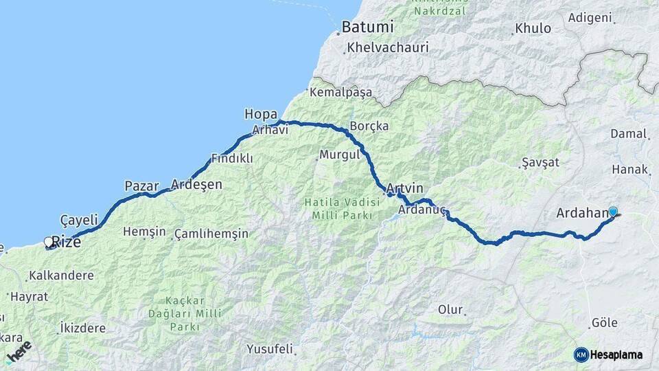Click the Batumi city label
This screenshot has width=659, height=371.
coord(368,27)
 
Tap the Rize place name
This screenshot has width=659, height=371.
coord(66,243)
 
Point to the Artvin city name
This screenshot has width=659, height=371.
coord(405,188)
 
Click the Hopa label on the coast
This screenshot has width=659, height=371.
coord(261,114)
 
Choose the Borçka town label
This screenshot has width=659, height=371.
coord(369,126)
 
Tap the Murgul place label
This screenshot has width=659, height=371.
coord(340,155)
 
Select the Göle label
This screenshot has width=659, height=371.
coord(604,323)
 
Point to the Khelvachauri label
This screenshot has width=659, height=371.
coord(388,48)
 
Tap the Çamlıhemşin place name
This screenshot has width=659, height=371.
coord(211,234)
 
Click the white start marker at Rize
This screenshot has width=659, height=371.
coord(49,242)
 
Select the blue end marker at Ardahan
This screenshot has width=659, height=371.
coord(613,212)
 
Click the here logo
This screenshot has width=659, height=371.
coord(19,352)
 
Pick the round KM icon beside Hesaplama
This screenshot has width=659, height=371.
coord(581,355)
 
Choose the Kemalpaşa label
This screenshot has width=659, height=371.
coord(340,92)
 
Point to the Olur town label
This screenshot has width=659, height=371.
coord(450,310)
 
